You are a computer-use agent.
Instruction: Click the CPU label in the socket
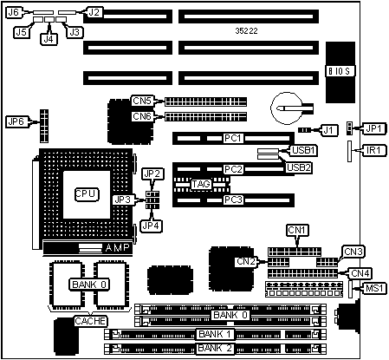coord(87,194)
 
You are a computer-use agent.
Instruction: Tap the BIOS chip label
coord(340,71)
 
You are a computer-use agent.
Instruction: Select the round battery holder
coord(287,108)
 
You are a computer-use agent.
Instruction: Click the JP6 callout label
coord(16,121)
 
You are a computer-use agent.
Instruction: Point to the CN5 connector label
coord(142,101)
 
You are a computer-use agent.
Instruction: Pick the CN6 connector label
coord(142,116)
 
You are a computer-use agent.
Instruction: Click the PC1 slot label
coord(233,138)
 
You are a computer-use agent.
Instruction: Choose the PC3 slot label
coord(233,200)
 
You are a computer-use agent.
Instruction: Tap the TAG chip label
coord(201,184)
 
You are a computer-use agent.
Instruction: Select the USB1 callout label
coord(303,150)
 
